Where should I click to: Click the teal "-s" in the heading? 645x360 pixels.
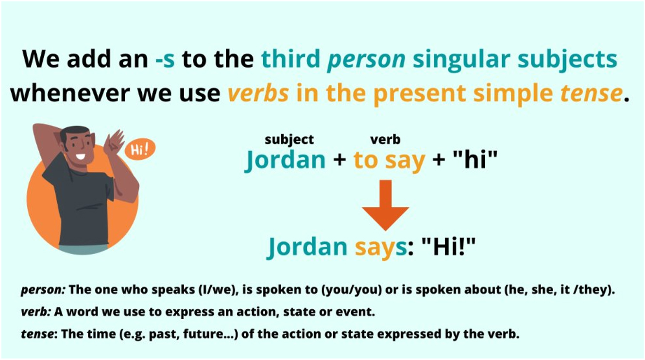[165, 59]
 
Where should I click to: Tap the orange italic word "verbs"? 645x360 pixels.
[258, 93]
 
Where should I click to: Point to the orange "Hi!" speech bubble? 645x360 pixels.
[140, 150]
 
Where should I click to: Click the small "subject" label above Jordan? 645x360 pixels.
[289, 140]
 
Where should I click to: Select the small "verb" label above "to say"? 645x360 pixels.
[385, 140]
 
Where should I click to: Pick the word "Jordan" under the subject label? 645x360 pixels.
[285, 161]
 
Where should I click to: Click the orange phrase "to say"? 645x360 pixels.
[390, 162]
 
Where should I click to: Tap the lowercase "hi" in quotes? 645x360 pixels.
[475, 159]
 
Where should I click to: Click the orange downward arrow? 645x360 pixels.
[386, 205]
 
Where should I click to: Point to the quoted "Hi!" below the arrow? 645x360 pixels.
[448, 246]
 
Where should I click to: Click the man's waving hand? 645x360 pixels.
[114, 143]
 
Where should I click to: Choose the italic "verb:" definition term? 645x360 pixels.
[36, 312]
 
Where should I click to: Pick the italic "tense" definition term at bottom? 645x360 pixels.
[37, 334]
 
